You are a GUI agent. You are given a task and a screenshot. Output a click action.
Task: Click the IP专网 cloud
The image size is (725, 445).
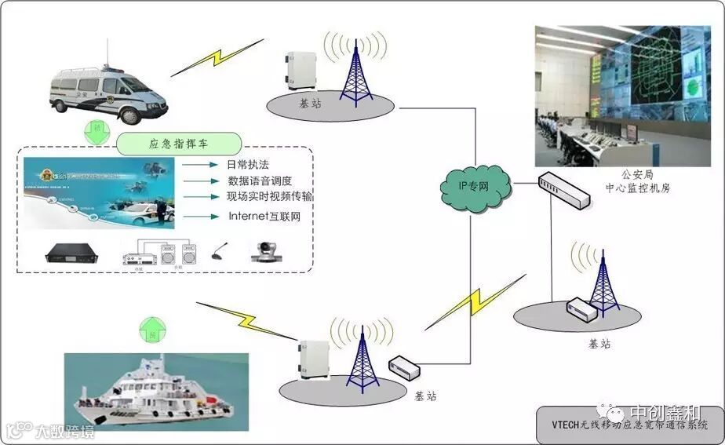tap(475, 185)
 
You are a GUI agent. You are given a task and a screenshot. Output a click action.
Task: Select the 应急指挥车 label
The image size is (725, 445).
tap(179, 144)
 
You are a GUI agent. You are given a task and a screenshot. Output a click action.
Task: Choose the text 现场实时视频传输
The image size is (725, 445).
tap(269, 196)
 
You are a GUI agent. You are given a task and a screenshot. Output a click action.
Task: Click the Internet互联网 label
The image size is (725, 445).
tap(264, 216)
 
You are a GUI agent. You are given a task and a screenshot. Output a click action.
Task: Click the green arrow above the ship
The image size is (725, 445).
tap(152, 330)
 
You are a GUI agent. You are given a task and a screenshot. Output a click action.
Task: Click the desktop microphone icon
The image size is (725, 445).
tap(217, 254)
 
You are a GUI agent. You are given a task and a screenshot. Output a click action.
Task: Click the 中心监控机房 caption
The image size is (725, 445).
tap(637, 188)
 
